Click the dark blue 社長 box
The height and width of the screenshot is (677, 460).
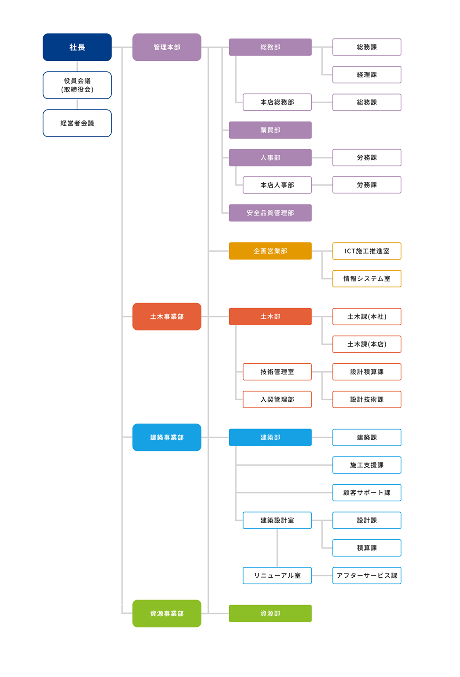77,47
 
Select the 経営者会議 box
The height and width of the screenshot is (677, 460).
77,123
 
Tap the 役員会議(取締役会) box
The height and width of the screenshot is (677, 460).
77,85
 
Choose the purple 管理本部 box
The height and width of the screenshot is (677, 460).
167,47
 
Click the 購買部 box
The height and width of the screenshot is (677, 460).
270,130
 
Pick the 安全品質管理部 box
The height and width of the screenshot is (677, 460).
270,213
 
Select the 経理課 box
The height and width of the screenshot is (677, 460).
367,75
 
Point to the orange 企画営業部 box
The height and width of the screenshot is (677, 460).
270,251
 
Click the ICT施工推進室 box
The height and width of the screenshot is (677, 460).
367,251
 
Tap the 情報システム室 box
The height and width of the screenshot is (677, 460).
367,279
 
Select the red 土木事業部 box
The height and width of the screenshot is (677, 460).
167,316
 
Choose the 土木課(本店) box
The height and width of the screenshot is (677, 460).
367,344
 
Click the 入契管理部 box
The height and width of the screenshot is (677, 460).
277,399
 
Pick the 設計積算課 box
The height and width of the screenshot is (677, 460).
367,372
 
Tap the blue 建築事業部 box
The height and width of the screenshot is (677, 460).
167,437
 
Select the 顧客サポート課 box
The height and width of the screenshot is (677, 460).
367,493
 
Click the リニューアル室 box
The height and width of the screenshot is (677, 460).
277,575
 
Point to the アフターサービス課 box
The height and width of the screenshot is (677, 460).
367,575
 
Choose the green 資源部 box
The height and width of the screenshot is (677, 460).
270,613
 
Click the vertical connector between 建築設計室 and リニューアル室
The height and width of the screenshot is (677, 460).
277,548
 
